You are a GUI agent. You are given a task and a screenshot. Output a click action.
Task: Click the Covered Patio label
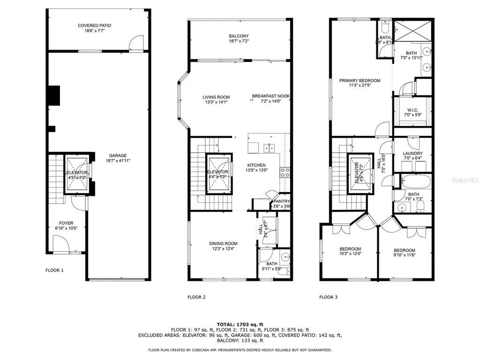coord(94,26)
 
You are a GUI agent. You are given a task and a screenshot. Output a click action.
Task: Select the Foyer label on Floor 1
coord(66,223)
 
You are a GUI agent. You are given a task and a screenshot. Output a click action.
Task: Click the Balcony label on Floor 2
coord(239,36)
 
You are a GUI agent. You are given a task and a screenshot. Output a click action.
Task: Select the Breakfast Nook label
coord(270,96)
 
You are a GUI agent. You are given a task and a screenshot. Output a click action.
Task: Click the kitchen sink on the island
coord(269,148)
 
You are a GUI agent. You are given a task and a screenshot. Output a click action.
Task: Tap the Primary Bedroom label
coord(360,81)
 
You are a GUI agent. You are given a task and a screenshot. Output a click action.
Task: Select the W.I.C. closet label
coord(412,110)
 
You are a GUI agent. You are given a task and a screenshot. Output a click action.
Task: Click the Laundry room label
coord(412,153)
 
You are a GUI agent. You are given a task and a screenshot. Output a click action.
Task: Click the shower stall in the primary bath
coord(412,32)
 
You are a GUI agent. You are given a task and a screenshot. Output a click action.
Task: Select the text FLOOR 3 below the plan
coord(328,297)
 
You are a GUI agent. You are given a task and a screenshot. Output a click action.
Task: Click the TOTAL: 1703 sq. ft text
coord(240,324)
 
